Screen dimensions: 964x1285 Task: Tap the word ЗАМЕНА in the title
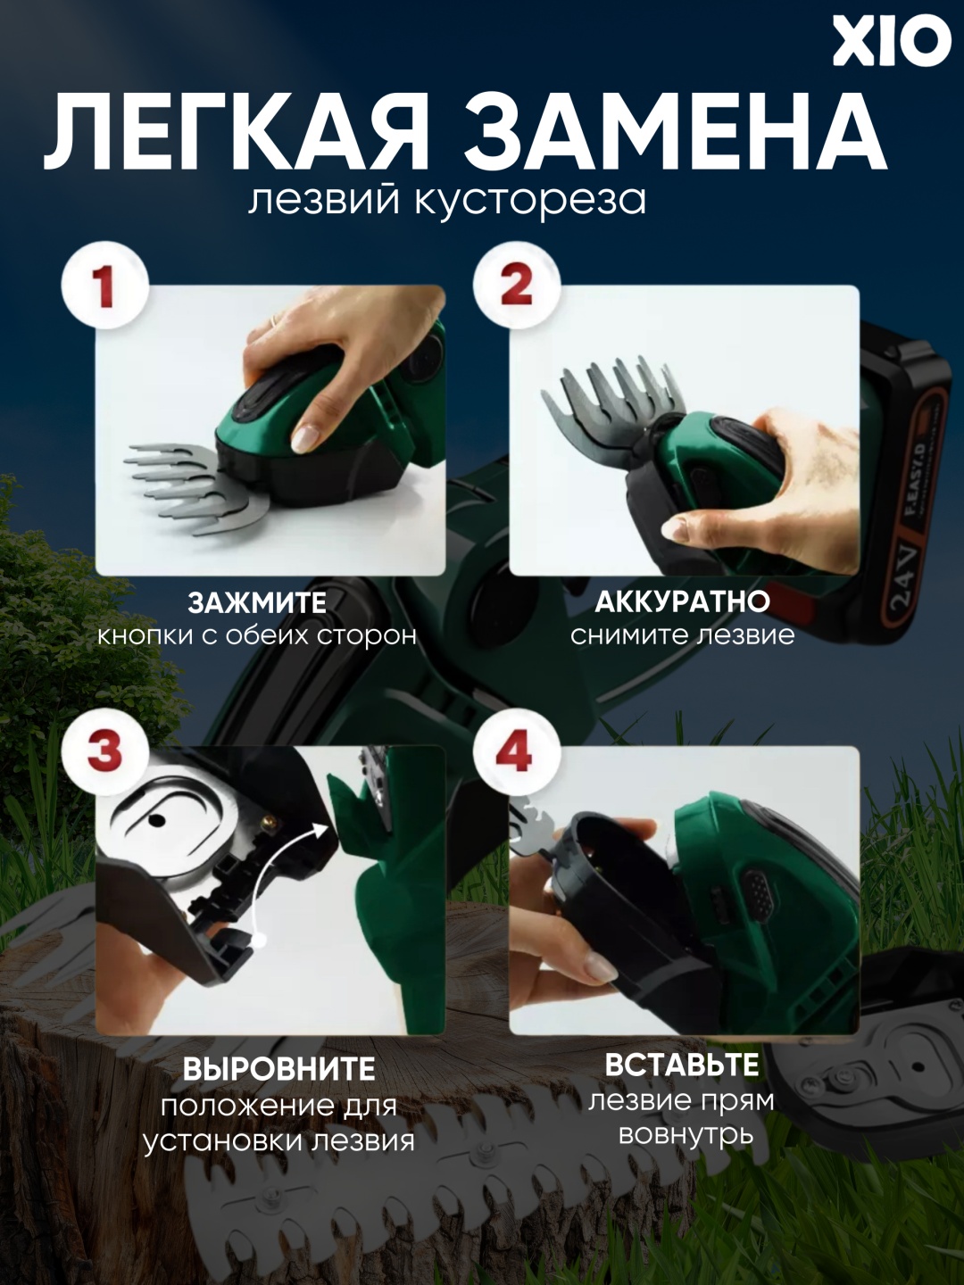pyautogui.click(x=674, y=130)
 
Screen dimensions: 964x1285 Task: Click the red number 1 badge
pyautogui.click(x=105, y=288)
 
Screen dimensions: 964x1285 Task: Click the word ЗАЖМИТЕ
pyautogui.click(x=257, y=603)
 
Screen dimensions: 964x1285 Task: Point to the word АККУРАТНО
pyautogui.click(x=682, y=602)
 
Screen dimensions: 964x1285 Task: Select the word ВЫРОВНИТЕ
pyautogui.click(x=278, y=1069)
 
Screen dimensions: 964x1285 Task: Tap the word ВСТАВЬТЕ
pyautogui.click(x=682, y=1065)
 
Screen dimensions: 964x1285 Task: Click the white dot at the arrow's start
pyautogui.click(x=258, y=937)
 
